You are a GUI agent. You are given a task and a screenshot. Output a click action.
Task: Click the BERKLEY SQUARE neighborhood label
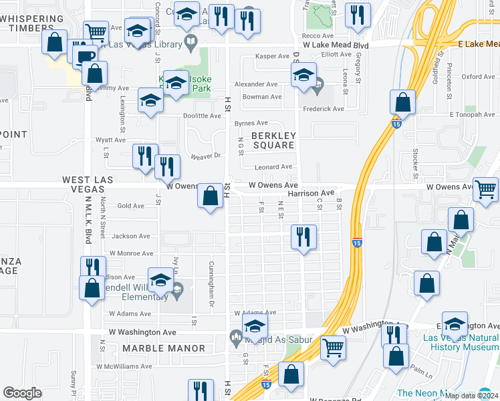[x=273, y=140]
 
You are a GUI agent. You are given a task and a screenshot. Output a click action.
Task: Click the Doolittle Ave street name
[x=203, y=116]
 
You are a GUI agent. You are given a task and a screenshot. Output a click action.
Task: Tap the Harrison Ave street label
[x=311, y=193]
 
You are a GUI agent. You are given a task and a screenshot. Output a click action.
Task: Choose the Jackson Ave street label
[x=131, y=236]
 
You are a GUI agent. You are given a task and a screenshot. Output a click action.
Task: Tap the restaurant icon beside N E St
[x=304, y=237]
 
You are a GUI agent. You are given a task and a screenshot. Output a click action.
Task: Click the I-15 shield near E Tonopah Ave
[x=396, y=122]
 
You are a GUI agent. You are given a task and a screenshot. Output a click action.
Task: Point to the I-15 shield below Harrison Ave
[x=357, y=244]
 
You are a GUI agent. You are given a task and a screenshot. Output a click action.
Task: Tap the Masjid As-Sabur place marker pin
[x=235, y=338]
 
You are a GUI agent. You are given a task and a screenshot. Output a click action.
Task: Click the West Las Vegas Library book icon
[x=191, y=44]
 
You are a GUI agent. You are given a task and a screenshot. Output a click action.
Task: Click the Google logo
[x=22, y=393]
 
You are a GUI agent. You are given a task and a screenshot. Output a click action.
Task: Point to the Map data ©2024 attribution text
[x=471, y=396]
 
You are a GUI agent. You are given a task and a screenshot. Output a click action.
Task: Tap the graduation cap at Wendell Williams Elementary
[x=160, y=281]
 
